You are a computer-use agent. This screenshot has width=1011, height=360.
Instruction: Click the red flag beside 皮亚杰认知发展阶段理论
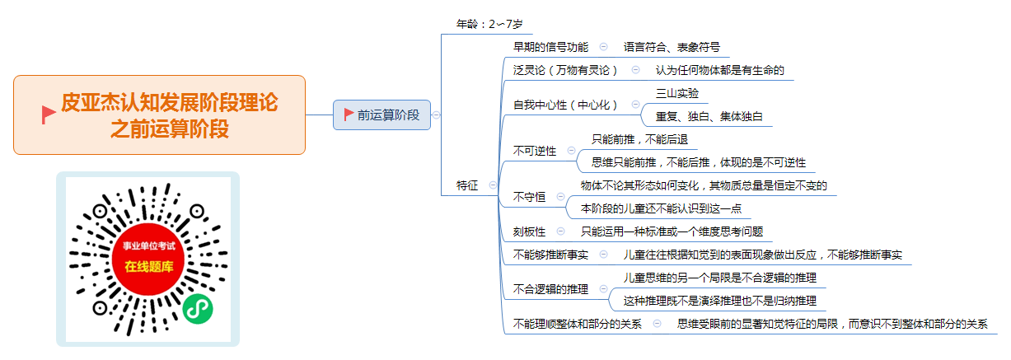(49, 115)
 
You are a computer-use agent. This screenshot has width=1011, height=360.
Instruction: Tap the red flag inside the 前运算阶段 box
(349, 115)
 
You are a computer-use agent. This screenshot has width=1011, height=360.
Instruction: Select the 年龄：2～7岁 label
(489, 24)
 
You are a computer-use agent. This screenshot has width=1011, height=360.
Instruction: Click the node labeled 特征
(466, 185)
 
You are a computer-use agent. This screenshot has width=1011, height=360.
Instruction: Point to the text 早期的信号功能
(550, 47)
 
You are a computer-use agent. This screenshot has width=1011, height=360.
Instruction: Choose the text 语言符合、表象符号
(672, 47)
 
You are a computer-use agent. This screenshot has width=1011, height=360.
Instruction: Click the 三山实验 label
(677, 93)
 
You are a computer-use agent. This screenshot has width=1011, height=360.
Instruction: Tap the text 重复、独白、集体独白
(709, 116)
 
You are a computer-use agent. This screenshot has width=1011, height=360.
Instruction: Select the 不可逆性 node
(535, 151)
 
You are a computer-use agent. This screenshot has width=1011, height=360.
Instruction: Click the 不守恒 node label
(530, 197)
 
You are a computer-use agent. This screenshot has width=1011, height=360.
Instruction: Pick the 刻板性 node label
(530, 231)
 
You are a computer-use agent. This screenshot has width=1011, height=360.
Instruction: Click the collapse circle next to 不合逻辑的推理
(603, 288)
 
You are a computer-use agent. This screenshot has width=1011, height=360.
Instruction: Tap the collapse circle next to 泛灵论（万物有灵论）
(635, 70)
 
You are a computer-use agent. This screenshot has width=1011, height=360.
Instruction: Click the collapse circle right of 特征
(493, 185)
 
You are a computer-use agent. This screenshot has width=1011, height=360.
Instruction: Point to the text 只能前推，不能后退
(639, 139)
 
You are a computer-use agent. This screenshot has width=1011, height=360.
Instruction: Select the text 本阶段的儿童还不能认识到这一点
(661, 208)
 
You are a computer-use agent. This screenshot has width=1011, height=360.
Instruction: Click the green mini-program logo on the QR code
(198, 309)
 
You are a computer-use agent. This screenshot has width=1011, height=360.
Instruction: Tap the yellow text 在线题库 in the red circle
(149, 267)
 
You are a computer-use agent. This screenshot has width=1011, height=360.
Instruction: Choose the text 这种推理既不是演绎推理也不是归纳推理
(720, 301)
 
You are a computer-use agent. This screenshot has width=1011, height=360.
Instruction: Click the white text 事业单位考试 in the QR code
(149, 245)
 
